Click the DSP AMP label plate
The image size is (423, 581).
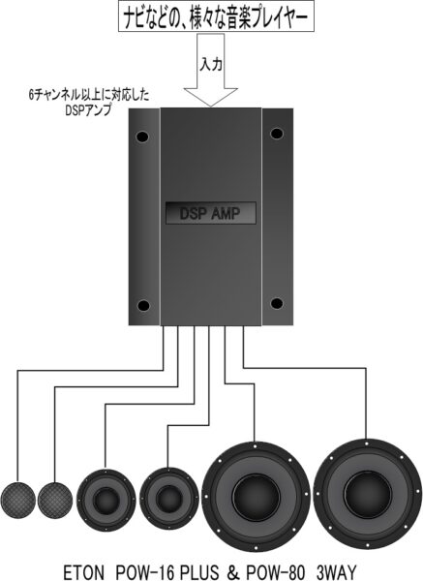[211, 213]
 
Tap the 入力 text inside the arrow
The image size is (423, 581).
[211, 65]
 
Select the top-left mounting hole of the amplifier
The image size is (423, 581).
[142, 138]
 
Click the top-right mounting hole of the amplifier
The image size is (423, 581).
[277, 134]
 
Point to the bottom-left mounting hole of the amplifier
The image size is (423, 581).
[143, 306]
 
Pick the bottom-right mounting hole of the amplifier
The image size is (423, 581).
[277, 303]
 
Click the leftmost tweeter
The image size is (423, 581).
[17, 501]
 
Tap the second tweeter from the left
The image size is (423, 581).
[55, 501]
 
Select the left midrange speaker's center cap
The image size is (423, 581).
[106, 500]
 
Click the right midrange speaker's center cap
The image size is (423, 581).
[168, 499]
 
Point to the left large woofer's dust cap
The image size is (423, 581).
[256, 497]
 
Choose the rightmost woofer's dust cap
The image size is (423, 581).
[368, 495]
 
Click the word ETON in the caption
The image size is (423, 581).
[84, 572]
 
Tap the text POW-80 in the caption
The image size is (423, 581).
[275, 572]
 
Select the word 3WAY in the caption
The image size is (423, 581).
[336, 572]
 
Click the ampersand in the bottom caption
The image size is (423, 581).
[232, 572]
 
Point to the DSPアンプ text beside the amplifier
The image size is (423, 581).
[88, 110]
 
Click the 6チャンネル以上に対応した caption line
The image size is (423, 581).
[89, 96]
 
